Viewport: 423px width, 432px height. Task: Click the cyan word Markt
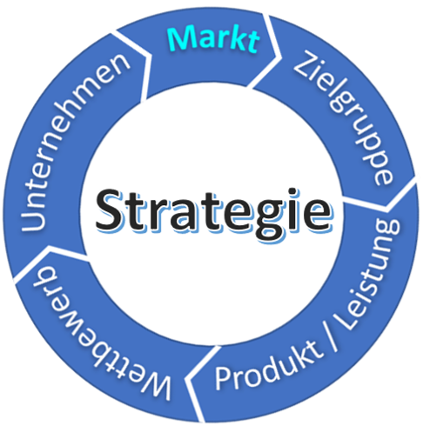coord(213,38)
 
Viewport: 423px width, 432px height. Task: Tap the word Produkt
coord(268,366)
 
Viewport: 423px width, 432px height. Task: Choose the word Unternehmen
coord(75,142)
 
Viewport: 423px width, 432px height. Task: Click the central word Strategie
coord(213,215)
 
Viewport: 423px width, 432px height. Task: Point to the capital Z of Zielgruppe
coord(307,66)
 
